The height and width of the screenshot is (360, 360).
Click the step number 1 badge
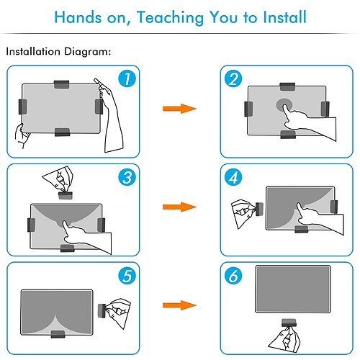127,78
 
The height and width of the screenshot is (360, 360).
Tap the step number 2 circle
233,78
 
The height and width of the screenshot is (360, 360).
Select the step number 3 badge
127,177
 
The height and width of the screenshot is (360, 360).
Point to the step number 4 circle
233,177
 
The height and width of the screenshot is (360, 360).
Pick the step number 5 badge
127,276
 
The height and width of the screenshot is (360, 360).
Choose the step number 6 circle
233,276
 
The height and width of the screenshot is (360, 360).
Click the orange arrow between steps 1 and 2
179,109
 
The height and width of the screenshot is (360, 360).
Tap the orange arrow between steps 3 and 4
179,207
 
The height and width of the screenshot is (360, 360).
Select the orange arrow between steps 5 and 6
179,305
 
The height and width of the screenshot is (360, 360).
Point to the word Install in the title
284,17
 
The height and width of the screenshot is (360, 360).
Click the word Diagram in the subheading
87,52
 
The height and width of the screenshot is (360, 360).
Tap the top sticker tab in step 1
62,84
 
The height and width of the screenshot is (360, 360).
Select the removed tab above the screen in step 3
66,195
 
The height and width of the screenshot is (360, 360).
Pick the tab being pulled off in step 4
259,209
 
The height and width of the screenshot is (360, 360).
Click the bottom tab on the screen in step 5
58,334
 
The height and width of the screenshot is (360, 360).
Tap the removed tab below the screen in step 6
289,323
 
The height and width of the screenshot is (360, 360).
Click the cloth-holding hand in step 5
118,312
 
